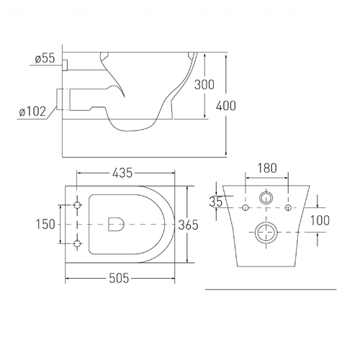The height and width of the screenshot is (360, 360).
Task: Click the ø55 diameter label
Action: [x=45, y=58]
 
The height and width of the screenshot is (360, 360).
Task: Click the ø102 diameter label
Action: [x=32, y=112]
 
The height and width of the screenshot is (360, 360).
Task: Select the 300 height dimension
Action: [x=204, y=85]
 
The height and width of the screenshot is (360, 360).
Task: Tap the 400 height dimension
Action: [x=226, y=106]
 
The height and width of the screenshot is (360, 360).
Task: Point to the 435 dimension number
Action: [x=122, y=173]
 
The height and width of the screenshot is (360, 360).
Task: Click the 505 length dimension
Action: [x=119, y=279]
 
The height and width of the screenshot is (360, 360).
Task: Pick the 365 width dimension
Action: [x=188, y=225]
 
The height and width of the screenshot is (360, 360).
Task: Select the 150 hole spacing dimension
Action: [x=45, y=225]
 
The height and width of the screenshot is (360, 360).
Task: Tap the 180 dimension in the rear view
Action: [x=267, y=168]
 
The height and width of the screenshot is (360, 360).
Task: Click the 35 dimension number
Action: [x=216, y=202]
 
